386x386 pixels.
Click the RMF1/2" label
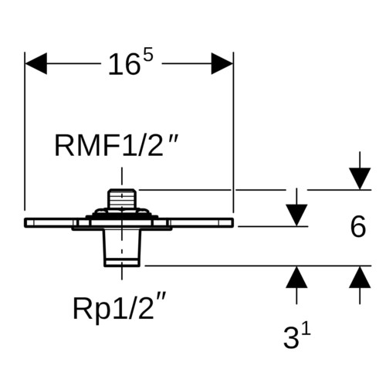[x=117, y=146]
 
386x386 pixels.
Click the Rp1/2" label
[x=119, y=308]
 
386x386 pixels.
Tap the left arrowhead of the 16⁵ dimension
[x=36, y=63]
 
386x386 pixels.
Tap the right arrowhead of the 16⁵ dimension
[x=222, y=63]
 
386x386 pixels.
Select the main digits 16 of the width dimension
[x=124, y=65]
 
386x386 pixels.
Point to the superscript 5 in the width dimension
[x=148, y=54]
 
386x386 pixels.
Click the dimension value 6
[x=358, y=227]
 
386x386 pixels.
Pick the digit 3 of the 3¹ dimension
[x=292, y=337]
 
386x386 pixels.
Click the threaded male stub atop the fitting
[x=122, y=198]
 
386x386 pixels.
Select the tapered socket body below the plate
[x=122, y=248]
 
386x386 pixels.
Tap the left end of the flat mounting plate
[x=25, y=222]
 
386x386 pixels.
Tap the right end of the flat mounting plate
[x=233, y=222]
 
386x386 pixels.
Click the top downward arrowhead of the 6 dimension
[x=360, y=179]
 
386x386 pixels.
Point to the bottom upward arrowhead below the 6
[x=360, y=277]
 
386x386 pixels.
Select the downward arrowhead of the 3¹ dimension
[x=296, y=215]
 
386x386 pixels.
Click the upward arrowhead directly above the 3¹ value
[x=296, y=277]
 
